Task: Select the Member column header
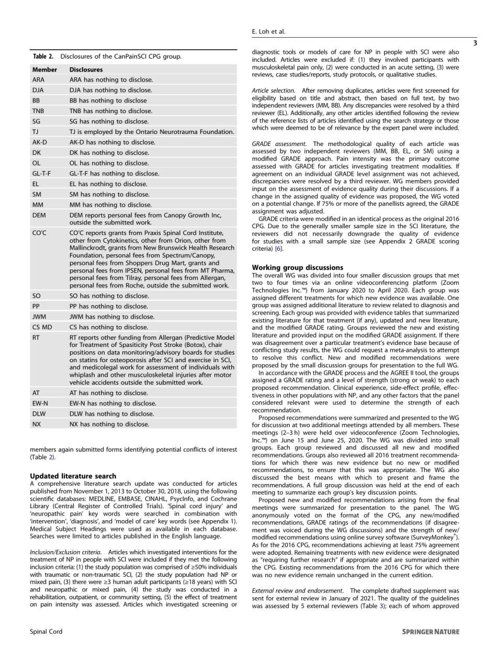(x=44, y=69)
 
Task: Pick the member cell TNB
(x=38, y=111)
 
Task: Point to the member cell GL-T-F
(x=41, y=173)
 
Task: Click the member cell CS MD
(x=42, y=327)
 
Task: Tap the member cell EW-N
(x=40, y=403)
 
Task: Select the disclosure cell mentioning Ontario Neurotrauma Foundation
(x=151, y=132)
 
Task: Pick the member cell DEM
(x=39, y=215)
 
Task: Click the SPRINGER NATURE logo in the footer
(x=431, y=632)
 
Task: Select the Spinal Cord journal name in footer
(x=46, y=632)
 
